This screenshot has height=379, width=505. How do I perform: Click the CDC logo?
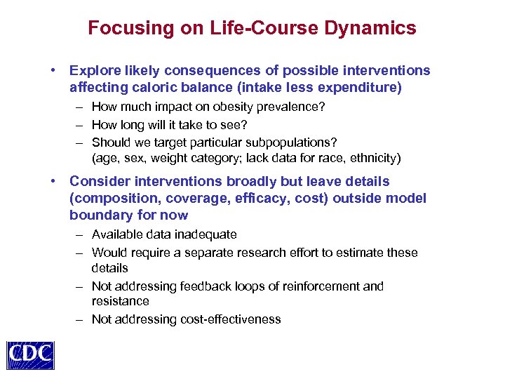coord(30,355)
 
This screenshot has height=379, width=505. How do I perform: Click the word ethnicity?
coord(375,157)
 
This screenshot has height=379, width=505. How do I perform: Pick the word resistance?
coord(120,301)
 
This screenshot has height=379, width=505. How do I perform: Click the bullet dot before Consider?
coord(53,182)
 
